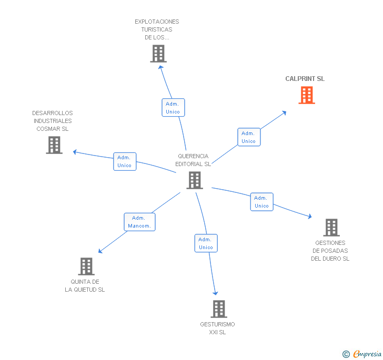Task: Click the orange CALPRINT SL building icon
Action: (307, 95)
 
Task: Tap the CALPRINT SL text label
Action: (305, 79)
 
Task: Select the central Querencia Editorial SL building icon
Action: (195, 180)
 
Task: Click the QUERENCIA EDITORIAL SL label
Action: (193, 160)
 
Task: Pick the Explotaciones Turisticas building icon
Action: (158, 54)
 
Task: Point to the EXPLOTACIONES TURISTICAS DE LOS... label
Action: (157, 29)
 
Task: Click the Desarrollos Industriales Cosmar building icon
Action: (54, 145)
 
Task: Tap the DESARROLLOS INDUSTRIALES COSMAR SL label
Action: (53, 121)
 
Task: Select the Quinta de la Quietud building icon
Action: (86, 266)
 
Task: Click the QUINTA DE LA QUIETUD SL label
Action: (85, 286)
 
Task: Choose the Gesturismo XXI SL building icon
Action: (219, 309)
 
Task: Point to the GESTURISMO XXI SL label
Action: (217, 328)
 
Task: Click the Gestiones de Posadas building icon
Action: (331, 228)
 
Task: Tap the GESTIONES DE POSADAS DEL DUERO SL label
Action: (330, 251)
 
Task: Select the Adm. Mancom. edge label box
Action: (139, 222)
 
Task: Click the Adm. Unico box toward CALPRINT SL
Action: (249, 137)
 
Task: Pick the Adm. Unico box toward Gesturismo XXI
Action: (206, 243)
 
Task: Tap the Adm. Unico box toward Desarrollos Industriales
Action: (125, 161)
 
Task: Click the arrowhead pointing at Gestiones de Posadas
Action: (309, 217)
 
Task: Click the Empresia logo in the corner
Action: (362, 354)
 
